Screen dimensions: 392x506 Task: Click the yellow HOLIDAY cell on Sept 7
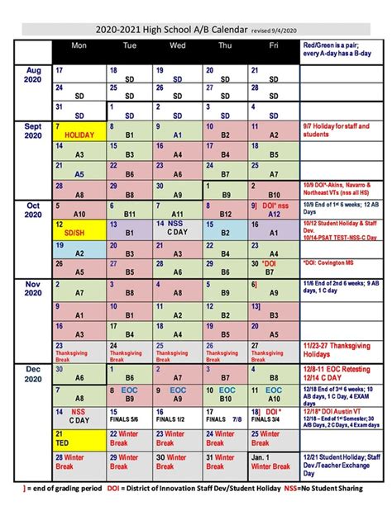click(80, 132)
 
